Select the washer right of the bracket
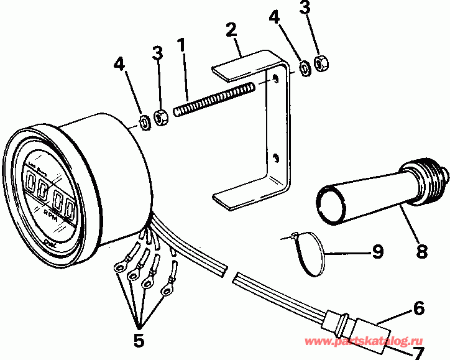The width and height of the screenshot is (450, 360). (305, 68)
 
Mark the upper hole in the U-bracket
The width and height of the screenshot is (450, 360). (273, 79)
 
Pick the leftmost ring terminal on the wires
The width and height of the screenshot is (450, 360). (118, 267)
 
